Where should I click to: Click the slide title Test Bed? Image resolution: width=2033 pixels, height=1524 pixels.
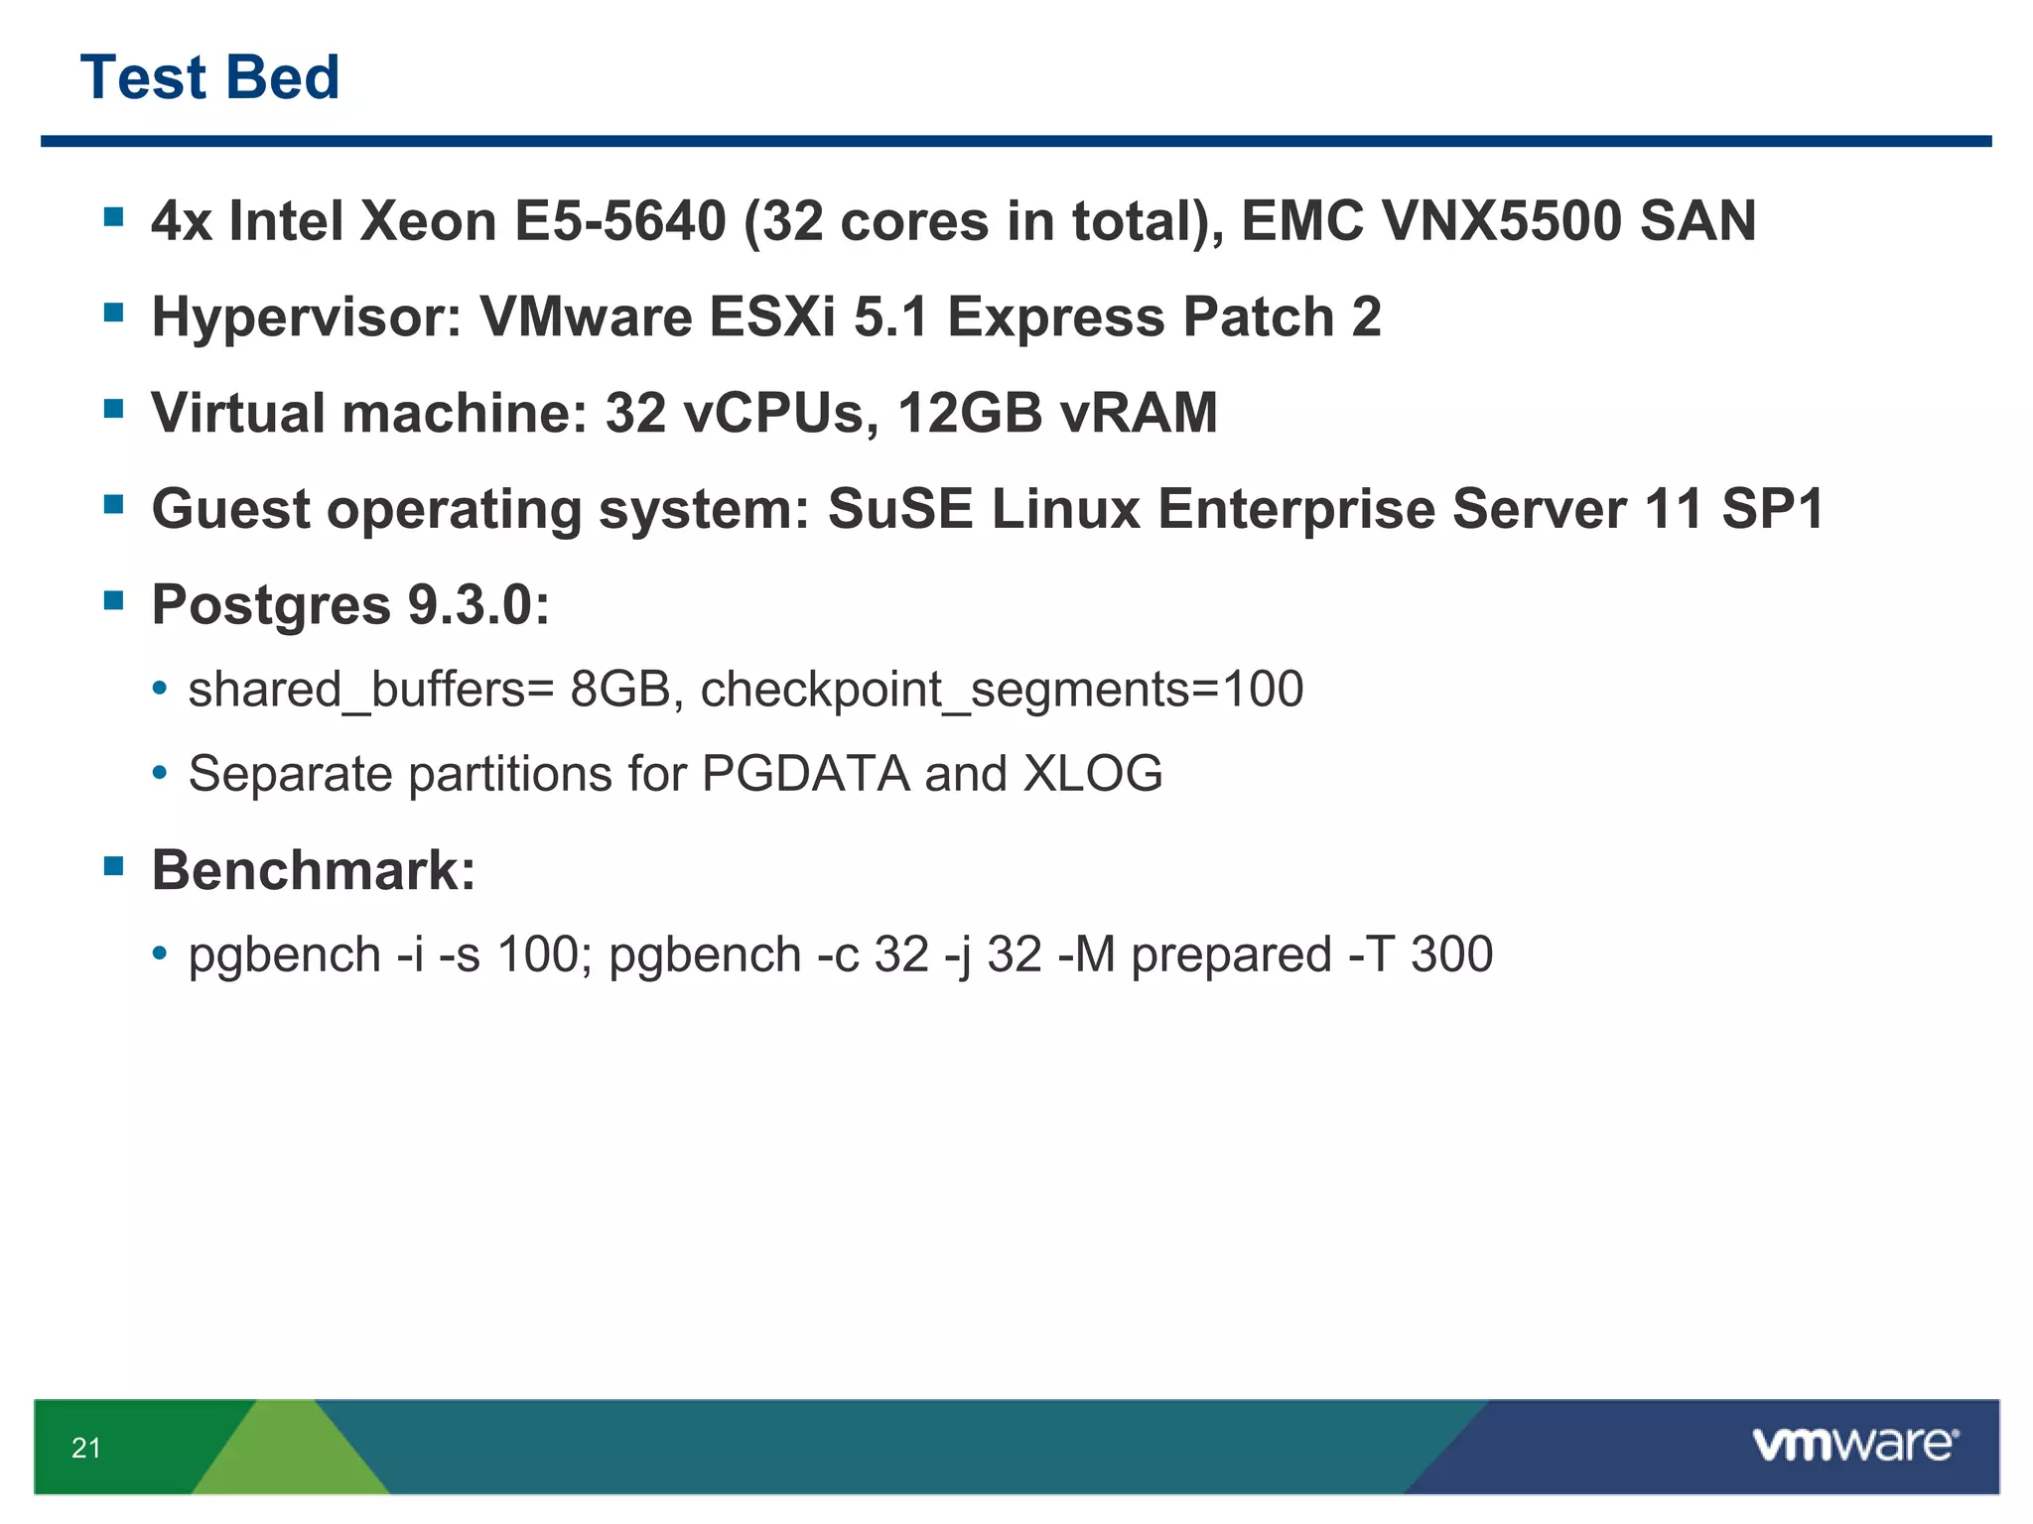[209, 77]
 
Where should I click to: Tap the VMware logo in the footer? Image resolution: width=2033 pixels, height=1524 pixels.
[1854, 1445]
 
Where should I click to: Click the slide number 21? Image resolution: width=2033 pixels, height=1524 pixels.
[86, 1448]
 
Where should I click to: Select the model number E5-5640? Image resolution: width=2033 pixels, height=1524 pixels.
[619, 220]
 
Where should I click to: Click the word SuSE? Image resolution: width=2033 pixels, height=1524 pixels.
[900, 509]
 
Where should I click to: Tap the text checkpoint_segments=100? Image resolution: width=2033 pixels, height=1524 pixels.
[1002, 689]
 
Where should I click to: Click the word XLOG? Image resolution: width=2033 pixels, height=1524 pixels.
[1093, 773]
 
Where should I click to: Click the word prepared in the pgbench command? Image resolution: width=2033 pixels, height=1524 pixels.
[1231, 954]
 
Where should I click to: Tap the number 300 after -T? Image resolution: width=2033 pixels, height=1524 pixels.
[1451, 954]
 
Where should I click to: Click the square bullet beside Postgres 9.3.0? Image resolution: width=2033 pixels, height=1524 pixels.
[114, 599]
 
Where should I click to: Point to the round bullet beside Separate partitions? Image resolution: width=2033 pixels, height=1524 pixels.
[160, 773]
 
